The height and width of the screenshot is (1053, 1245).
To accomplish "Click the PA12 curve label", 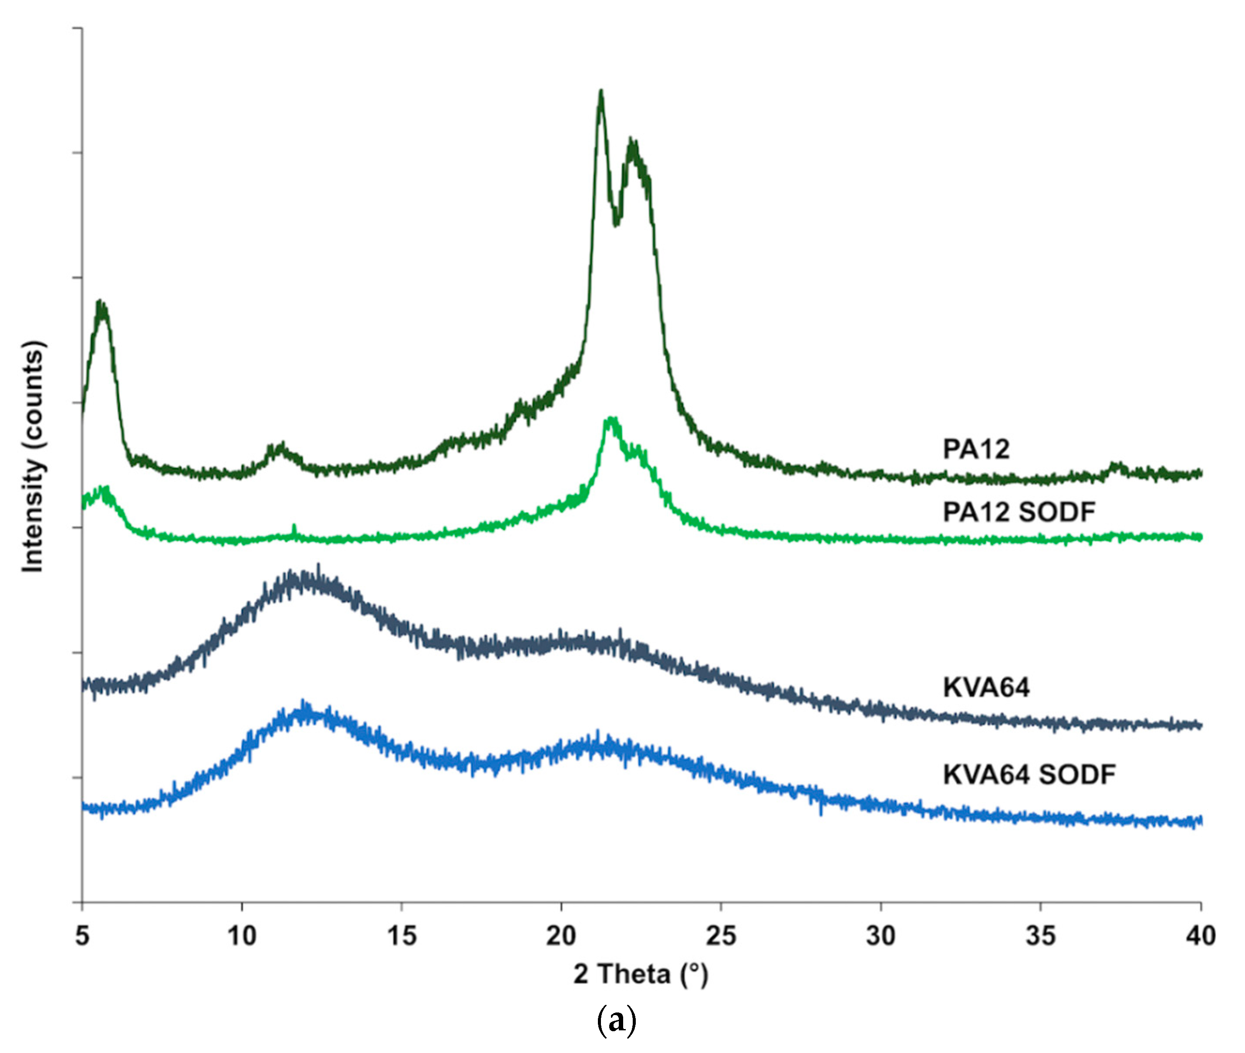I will pyautogui.click(x=975, y=449).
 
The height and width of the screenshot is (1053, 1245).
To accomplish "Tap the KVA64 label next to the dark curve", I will pyautogui.click(x=985, y=687).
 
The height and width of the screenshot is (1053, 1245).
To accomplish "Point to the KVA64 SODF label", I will pyautogui.click(x=1029, y=774).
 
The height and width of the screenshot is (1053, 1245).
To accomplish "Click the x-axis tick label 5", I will pyautogui.click(x=82, y=935).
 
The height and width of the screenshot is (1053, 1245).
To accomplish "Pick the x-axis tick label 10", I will pyautogui.click(x=242, y=935).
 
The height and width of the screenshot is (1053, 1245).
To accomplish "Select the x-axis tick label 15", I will pyautogui.click(x=401, y=935).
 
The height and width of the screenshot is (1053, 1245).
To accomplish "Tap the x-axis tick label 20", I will pyautogui.click(x=561, y=935).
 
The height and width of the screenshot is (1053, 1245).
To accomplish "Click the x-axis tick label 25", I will pyautogui.click(x=721, y=935).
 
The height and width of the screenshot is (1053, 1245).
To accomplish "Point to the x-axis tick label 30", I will pyautogui.click(x=881, y=935).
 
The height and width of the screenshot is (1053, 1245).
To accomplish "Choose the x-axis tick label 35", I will pyautogui.click(x=1040, y=935).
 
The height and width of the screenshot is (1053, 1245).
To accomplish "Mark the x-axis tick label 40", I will pyautogui.click(x=1200, y=935).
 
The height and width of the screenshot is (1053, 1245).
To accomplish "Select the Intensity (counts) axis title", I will pyautogui.click(x=34, y=457).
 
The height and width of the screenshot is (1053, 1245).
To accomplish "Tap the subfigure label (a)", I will pyautogui.click(x=616, y=1022).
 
